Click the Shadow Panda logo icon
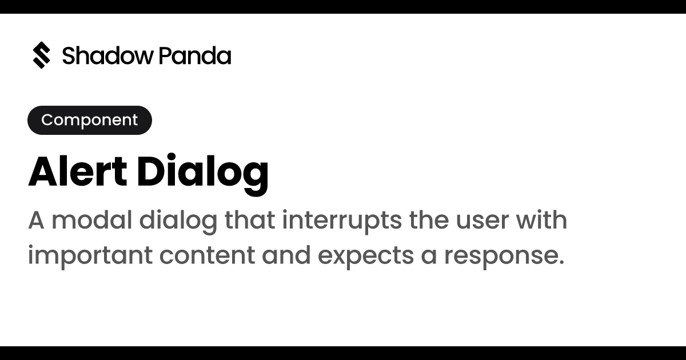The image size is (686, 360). pyautogui.click(x=41, y=55)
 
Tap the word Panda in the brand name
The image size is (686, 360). pyautogui.click(x=195, y=56)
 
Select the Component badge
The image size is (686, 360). pyautogui.click(x=90, y=120)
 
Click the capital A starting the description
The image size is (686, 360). pyautogui.click(x=36, y=221)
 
